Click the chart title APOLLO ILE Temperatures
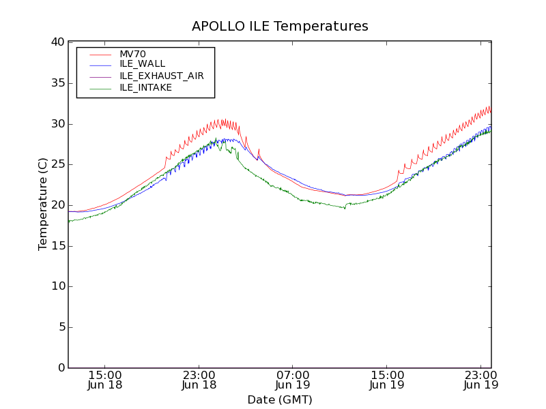[280, 27]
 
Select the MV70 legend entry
[132, 54]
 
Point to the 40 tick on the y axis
[57, 42]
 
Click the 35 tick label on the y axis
[57, 83]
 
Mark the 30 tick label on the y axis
[57, 123]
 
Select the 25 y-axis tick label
[57, 164]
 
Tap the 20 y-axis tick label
[57, 205]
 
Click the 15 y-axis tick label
[57, 245]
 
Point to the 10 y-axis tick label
[57, 286]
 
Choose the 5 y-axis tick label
[61, 327]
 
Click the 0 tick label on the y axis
[61, 368]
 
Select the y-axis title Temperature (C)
[43, 204]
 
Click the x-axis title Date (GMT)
[280, 399]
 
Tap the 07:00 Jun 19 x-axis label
[293, 380]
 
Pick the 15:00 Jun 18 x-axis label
[105, 380]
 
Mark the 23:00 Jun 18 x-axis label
[199, 380]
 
